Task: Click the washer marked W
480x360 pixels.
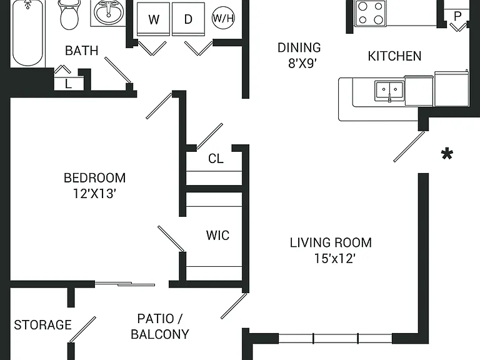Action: pos(153,19)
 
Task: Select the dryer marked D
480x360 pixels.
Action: pos(188,19)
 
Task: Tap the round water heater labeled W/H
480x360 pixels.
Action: pos(223,17)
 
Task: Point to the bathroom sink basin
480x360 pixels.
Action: pos(108,13)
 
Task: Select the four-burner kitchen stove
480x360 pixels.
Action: pos(371,13)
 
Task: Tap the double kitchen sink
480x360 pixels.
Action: pos(389,91)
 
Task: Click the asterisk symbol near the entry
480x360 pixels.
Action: pos(447,154)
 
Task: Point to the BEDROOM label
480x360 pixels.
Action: pos(94,178)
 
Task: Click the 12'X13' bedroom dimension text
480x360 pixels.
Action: pos(94,194)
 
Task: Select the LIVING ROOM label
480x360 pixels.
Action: pos(331,242)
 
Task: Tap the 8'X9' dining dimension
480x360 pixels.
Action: pos(302,63)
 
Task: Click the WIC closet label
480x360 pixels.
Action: pos(217,236)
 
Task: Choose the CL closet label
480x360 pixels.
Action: pos(216,159)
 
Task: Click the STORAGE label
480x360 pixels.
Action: pos(43,325)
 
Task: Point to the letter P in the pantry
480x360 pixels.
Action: pos(457,16)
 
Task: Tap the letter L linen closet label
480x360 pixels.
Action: pos(68,84)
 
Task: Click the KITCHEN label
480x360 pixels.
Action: pos(394,56)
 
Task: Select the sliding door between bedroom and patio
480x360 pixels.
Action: pos(125,284)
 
